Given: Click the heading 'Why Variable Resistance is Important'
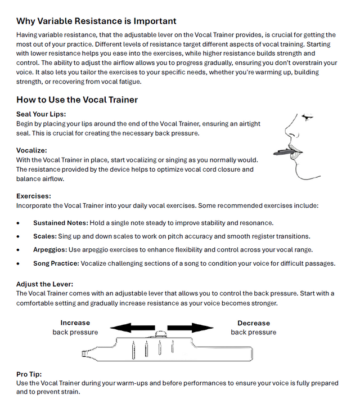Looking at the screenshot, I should (x=96, y=21).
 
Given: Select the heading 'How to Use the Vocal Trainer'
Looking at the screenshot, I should (x=77, y=100).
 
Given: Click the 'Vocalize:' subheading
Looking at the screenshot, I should (x=31, y=151).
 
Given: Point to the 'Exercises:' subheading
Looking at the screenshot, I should (x=34, y=196).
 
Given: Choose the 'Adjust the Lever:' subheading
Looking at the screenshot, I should (x=44, y=284).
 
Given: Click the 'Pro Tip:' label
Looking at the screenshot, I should (x=29, y=374).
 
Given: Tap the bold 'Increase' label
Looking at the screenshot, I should (x=75, y=323).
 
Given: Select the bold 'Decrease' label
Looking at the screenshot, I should (x=253, y=323).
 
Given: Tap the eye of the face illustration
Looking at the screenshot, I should (x=306, y=117).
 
